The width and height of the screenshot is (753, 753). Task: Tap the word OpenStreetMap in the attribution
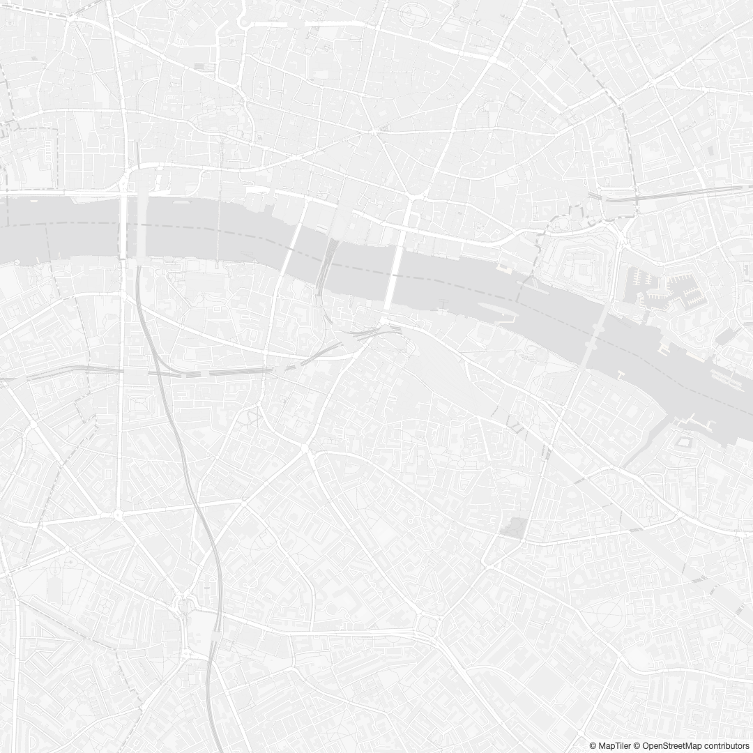(671, 746)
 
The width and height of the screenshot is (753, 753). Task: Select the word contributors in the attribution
(726, 746)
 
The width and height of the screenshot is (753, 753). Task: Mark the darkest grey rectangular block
(515, 528)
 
